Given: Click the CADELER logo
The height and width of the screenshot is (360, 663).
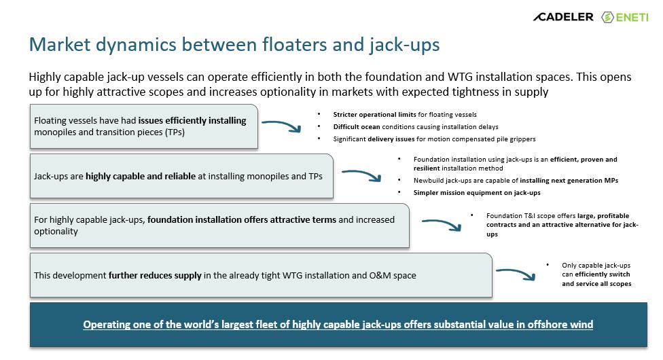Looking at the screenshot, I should click(x=563, y=16).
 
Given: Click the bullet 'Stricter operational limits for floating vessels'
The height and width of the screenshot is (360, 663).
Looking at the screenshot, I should click(x=405, y=115).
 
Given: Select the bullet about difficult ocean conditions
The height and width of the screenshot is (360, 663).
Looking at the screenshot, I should click(x=416, y=127).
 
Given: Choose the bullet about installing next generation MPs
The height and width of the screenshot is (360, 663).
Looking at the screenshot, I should click(x=516, y=181).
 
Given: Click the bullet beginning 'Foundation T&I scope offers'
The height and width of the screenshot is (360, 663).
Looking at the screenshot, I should click(x=562, y=225).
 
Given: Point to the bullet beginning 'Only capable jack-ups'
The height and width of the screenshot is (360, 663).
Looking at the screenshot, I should click(x=596, y=274).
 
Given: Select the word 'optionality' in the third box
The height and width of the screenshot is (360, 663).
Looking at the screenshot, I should click(x=56, y=232).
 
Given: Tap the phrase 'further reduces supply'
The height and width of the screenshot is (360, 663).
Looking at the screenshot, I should click(x=155, y=276).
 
